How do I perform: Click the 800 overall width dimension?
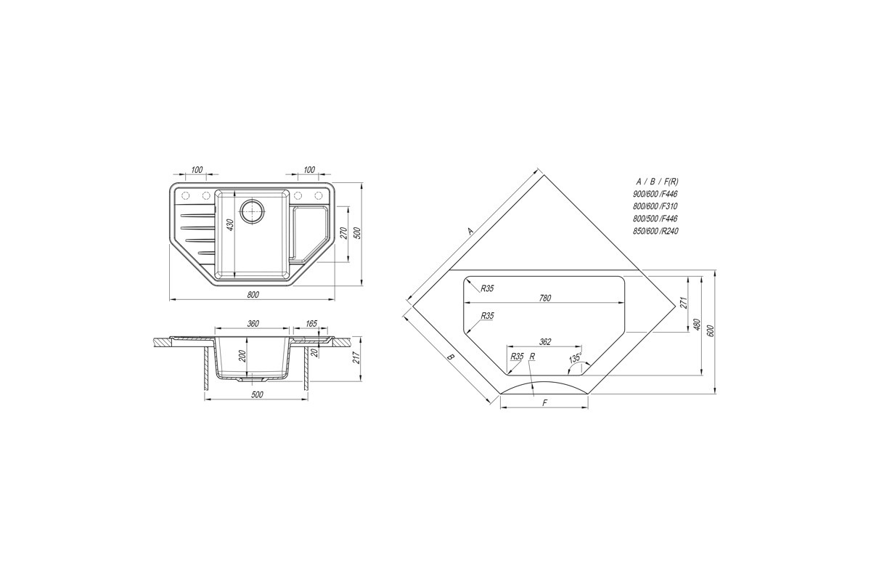(x=253, y=295)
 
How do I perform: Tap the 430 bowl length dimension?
(x=230, y=225)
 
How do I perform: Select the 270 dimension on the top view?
(x=343, y=233)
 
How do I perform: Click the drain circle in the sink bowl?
(x=253, y=211)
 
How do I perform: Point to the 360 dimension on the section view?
(x=253, y=323)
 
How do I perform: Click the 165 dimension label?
(x=311, y=323)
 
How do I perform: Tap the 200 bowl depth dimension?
(x=242, y=356)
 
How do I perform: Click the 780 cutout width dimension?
(x=545, y=298)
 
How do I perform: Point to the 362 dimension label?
(x=545, y=341)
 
